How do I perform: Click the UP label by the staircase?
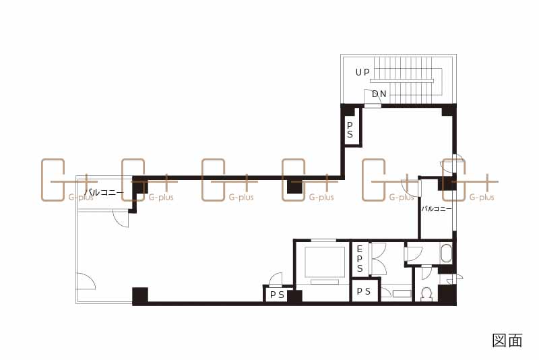point(362,72)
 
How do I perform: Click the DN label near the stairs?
point(379,94)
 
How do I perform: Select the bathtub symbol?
point(446,253)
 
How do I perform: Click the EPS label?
point(360,259)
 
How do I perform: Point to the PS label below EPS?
point(364,292)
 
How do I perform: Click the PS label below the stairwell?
point(350,129)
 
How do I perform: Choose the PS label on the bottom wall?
point(277,295)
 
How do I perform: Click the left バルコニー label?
point(104,192)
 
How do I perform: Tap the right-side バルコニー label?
point(437,208)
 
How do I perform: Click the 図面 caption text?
point(507,340)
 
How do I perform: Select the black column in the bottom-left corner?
point(140,296)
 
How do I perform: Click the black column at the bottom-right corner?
point(447,295)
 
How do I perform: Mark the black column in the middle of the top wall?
point(294,187)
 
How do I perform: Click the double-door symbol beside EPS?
point(379,259)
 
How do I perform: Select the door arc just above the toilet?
point(427,272)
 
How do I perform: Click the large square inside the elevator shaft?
point(324,262)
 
